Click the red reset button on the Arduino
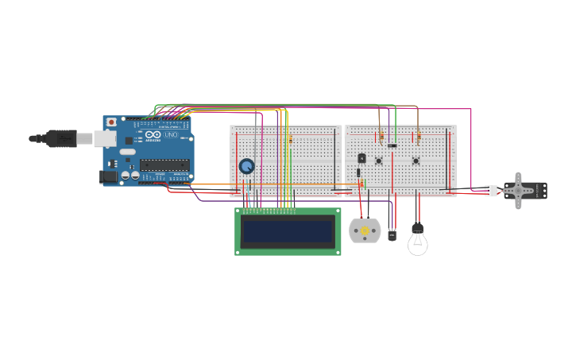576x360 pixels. click(111, 122)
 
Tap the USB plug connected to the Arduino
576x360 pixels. click(60, 138)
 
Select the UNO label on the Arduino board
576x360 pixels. click(171, 135)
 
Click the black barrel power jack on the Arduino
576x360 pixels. click(108, 176)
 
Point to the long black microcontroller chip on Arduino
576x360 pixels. click(164, 165)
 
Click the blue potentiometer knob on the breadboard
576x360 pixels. click(247, 166)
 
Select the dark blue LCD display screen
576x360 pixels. click(288, 231)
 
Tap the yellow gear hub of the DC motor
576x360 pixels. click(365, 231)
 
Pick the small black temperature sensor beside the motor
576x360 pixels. click(392, 234)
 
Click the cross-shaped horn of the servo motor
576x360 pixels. click(518, 190)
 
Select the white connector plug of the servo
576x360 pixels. click(491, 190)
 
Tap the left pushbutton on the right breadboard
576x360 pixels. click(379, 161)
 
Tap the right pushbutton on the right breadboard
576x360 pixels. click(416, 161)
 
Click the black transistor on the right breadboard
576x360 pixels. click(361, 158)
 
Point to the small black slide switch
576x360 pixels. click(392, 145)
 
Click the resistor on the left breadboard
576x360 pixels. click(290, 139)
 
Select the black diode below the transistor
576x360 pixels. click(358, 172)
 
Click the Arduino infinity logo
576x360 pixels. click(153, 135)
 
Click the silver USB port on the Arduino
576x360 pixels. click(105, 139)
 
